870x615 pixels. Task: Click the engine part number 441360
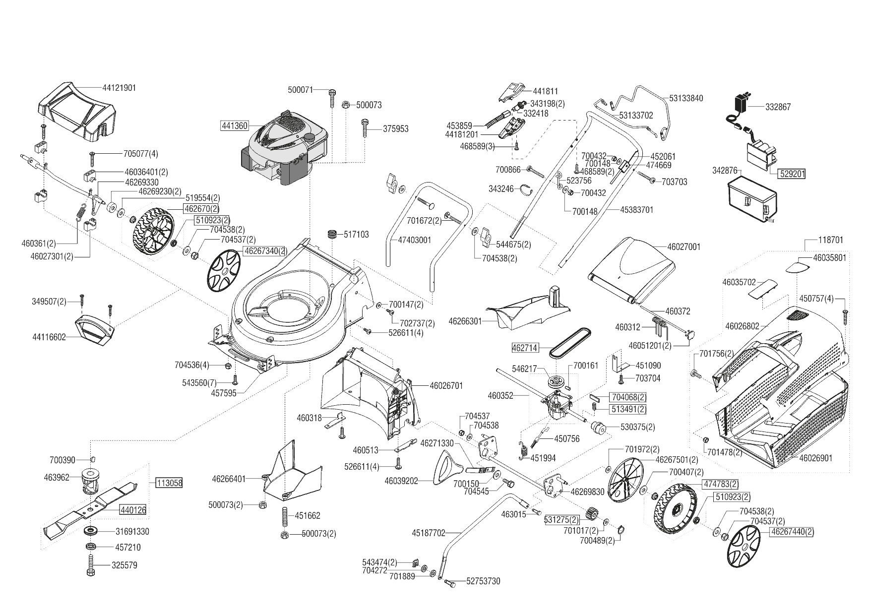pos(234,126)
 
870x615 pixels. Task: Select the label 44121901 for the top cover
pos(119,88)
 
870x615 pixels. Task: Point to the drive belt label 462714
pos(525,348)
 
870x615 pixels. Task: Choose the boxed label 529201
pos(792,174)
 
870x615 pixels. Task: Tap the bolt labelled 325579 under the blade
pos(91,565)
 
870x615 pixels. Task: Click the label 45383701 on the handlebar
pos(637,210)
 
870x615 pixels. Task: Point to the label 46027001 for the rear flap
pos(684,246)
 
